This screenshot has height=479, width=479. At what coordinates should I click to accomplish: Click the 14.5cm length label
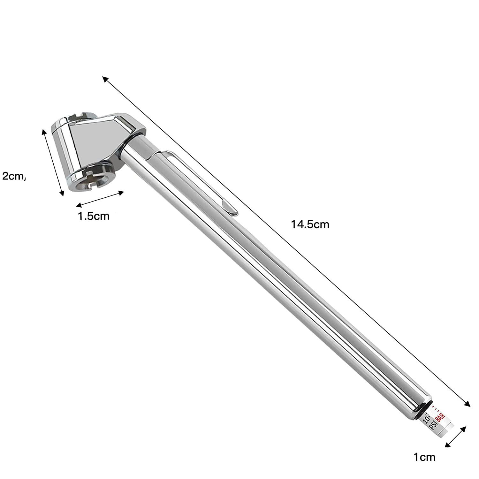pyautogui.click(x=310, y=224)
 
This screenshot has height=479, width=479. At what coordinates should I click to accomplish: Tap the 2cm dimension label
pyautogui.click(x=14, y=176)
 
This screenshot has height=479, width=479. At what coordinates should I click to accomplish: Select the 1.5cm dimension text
pyautogui.click(x=94, y=216)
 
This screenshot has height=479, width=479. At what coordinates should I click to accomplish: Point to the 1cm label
pyautogui.click(x=424, y=457)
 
